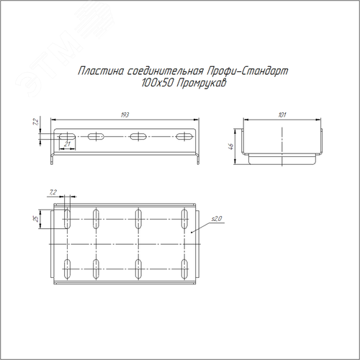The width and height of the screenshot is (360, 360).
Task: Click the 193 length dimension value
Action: pos(125,115)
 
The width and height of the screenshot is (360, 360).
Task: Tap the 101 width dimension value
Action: pos(282,115)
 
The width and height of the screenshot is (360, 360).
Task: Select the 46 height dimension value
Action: pos(231,146)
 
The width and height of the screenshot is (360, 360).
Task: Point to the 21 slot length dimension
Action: pos(68,144)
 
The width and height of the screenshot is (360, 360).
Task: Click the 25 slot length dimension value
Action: pos(37,219)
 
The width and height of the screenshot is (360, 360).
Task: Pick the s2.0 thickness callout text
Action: pos(217,219)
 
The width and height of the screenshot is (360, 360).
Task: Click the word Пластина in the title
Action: pos(101,71)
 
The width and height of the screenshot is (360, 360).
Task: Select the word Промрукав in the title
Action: pos(202,84)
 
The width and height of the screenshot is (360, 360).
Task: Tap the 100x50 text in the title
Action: pos(158,84)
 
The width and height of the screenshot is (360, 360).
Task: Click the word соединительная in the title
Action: pos(166,71)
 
